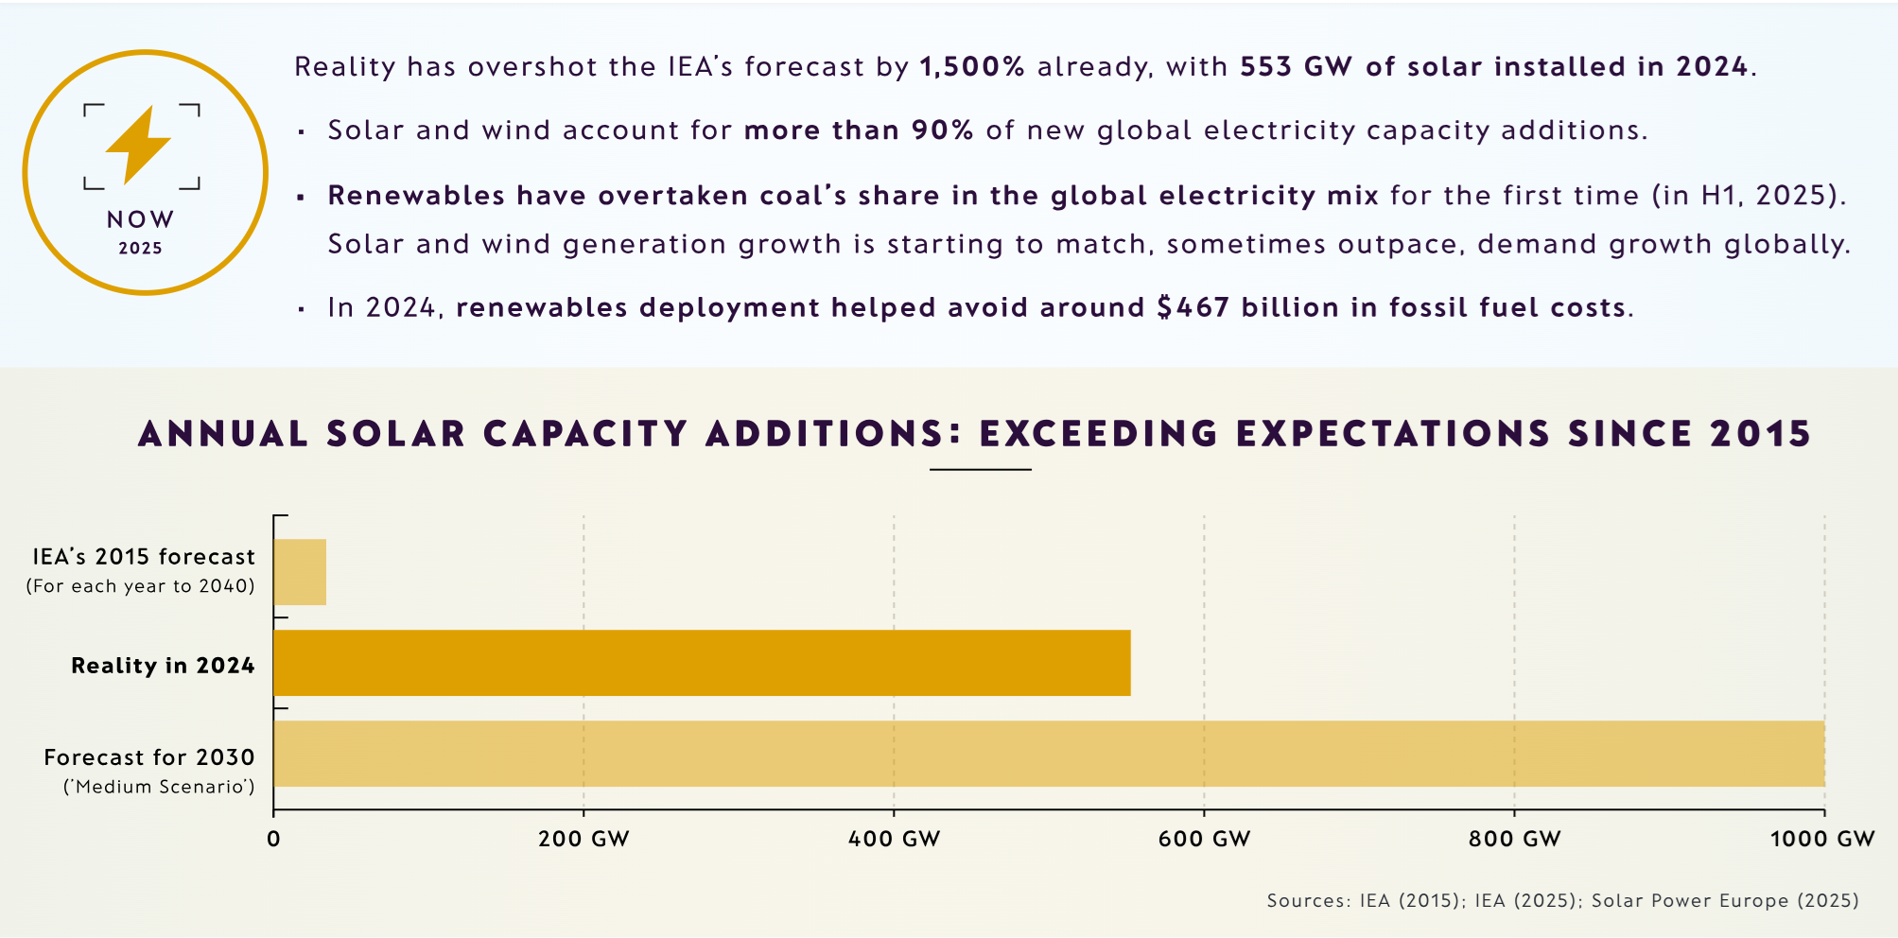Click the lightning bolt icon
pos(140,144)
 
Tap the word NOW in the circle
pos(141,219)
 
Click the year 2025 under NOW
pos(141,249)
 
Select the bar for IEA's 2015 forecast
pos(300,572)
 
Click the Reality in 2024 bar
pos(701,663)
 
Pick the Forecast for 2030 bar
pos(1048,754)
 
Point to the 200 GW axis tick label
pos(583,839)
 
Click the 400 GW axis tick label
pos(894,839)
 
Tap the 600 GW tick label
pos(1204,839)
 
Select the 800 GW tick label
pos(1514,839)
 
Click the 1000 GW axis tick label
pos(1821,839)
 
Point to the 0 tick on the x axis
pos(273,839)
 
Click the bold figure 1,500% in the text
pos(972,67)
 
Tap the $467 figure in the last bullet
pos(1193,308)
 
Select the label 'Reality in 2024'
pos(163,666)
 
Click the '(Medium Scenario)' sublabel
pos(159,787)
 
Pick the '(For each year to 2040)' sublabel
pos(141,586)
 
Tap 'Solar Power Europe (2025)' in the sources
pos(1725,900)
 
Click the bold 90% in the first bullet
pos(942,130)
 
